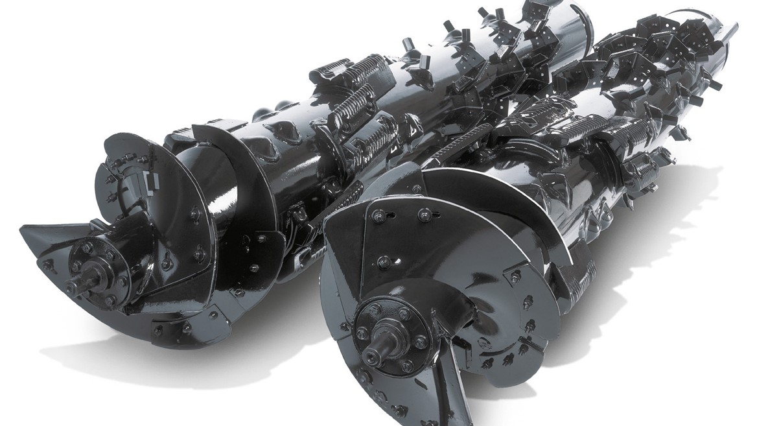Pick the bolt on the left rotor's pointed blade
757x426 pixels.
[49, 264]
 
